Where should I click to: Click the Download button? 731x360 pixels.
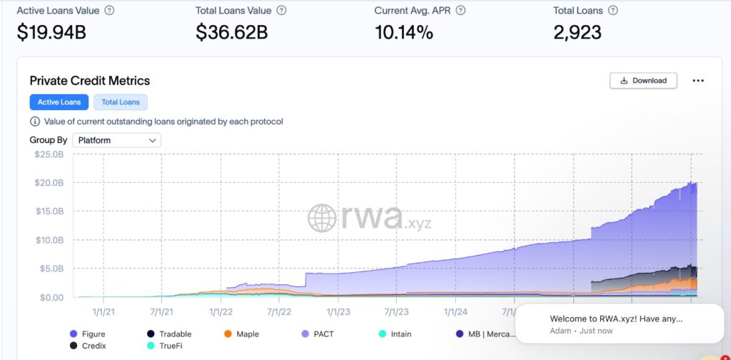[x=643, y=81]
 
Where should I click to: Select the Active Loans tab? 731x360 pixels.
[x=59, y=102]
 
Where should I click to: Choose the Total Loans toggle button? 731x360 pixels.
[x=120, y=102]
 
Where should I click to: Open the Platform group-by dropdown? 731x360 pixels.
[x=116, y=141]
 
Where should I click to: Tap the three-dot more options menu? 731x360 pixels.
[x=698, y=81]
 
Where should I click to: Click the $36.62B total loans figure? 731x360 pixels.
[x=233, y=32]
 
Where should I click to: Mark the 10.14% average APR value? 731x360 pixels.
[x=403, y=32]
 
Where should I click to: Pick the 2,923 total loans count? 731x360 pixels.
[x=578, y=32]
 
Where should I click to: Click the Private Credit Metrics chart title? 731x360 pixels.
[x=90, y=81]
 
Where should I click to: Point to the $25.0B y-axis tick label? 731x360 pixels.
[x=49, y=154]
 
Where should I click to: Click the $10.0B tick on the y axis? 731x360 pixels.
[x=49, y=240]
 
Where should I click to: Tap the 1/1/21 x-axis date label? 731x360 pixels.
[x=104, y=311]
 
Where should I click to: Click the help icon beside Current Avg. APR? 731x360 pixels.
[x=460, y=11]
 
